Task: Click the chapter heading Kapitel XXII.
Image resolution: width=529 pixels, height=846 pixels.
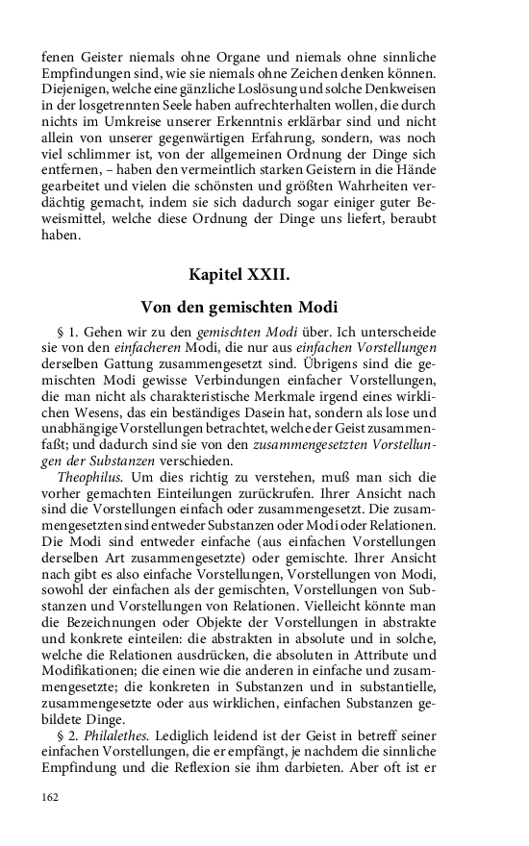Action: pyautogui.click(x=239, y=275)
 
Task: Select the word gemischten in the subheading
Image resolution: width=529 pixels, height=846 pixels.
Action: pyautogui.click(x=251, y=308)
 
